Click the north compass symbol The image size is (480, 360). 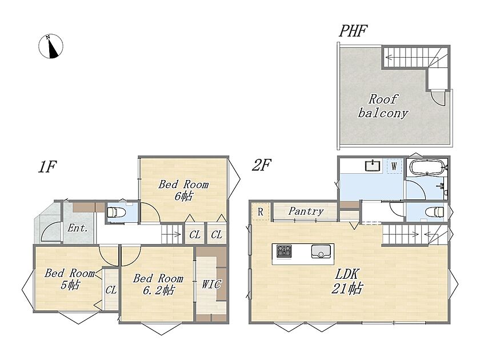pos(51,46)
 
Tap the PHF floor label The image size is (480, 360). pos(353,31)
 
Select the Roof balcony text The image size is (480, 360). pos(383,106)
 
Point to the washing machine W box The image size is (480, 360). pos(394,166)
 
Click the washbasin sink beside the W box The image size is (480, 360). pos(373,166)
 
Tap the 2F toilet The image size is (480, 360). pos(435,212)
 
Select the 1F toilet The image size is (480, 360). pos(116,211)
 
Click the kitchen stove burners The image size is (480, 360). pos(285,251)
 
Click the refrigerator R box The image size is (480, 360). pos(261,211)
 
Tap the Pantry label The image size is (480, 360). pos(306,211)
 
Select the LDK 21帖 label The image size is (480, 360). pos(347,281)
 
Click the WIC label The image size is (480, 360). pos(211,284)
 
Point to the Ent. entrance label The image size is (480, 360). pos(78,228)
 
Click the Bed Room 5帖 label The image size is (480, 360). pos(70,279)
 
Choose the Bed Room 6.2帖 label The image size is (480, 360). pos(158,284)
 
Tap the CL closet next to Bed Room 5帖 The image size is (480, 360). pos(111,290)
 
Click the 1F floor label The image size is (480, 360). pos(47,167)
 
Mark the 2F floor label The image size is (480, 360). pos(262,166)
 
